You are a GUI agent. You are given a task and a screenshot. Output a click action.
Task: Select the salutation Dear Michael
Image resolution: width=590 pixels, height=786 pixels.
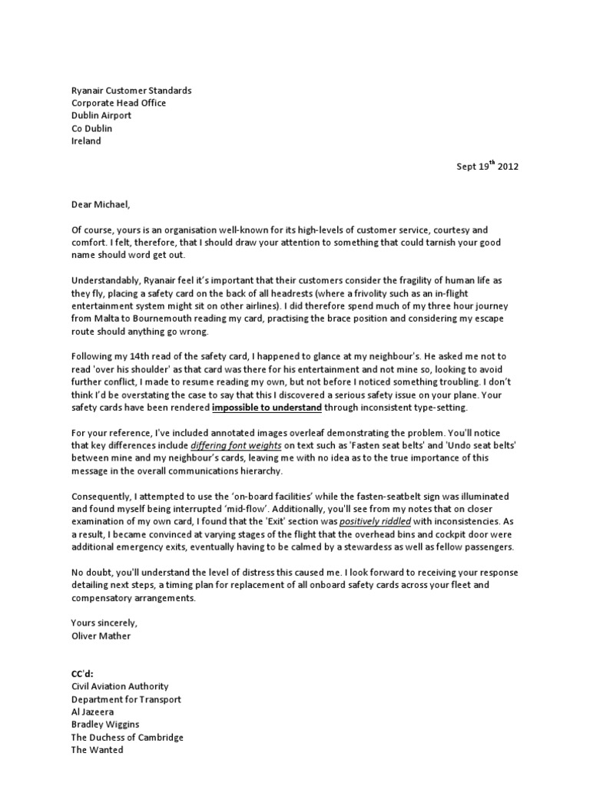(x=102, y=205)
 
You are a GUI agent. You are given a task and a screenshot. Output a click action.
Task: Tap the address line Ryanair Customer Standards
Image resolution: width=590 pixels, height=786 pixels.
(x=131, y=91)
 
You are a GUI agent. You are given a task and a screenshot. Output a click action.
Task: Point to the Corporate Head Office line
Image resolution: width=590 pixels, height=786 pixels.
(x=118, y=103)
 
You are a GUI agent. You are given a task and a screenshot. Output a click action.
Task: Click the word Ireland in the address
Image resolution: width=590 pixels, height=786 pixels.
(x=86, y=141)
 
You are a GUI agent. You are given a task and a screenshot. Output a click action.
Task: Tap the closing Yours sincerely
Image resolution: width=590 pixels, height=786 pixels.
(x=104, y=623)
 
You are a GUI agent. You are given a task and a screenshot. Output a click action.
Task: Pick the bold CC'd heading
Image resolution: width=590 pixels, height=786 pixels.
(x=81, y=673)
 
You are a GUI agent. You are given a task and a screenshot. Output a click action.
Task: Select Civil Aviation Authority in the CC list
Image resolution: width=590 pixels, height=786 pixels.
(x=120, y=686)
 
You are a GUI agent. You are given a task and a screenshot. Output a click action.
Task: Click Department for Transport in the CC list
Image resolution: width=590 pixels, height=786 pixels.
(x=126, y=699)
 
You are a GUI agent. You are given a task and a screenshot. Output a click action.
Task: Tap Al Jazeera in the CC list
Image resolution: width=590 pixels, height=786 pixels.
(x=92, y=712)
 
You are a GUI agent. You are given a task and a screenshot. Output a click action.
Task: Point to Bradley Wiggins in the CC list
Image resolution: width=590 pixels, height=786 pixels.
(x=105, y=725)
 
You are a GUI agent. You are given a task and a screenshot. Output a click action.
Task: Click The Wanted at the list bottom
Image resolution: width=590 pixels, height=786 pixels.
(x=97, y=751)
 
